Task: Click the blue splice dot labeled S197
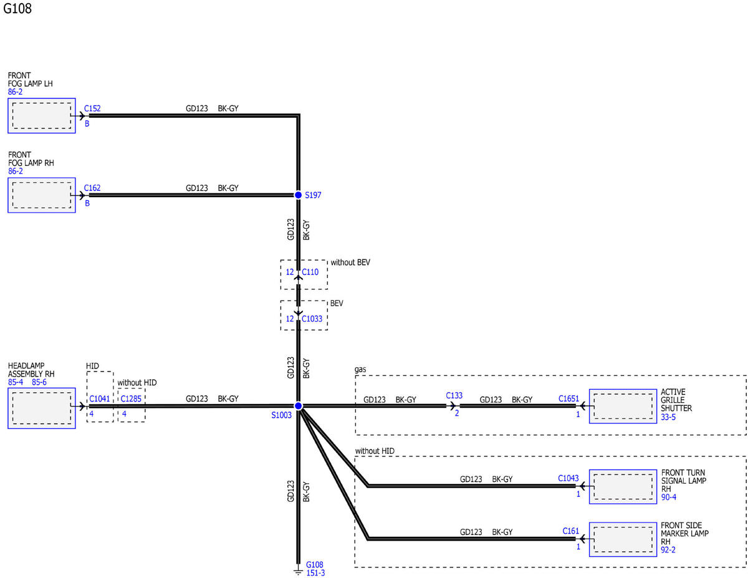(298, 195)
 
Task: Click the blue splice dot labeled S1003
(298, 406)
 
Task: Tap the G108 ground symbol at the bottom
(298, 572)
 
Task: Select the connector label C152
(92, 108)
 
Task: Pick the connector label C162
(92, 188)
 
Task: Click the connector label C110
(310, 272)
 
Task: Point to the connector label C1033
(312, 319)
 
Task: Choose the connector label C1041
(100, 398)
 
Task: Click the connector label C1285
(131, 398)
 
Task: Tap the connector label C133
(454, 395)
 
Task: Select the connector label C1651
(568, 398)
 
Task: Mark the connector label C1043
(568, 478)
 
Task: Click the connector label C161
(571, 531)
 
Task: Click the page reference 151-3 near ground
(315, 573)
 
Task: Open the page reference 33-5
(668, 417)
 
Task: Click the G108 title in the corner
(17, 9)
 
